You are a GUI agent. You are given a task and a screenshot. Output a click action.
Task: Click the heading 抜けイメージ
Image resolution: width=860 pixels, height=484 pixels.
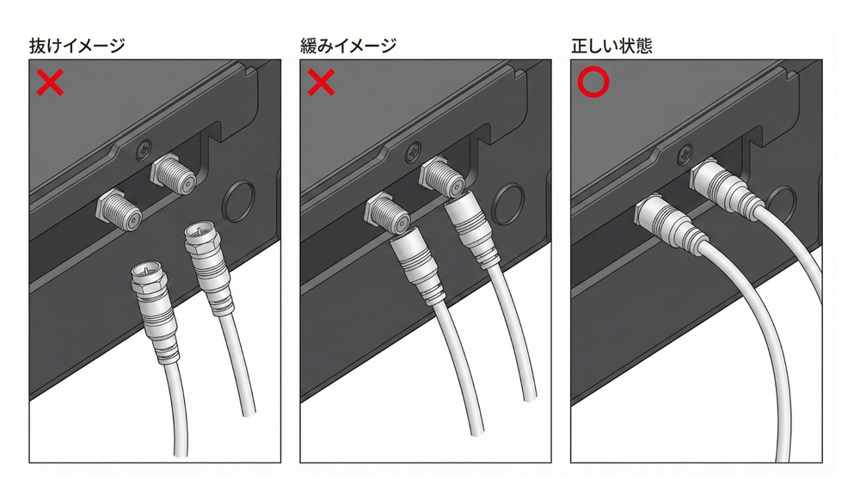[77, 46]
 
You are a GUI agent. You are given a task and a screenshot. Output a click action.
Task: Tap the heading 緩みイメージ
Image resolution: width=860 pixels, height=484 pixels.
[348, 46]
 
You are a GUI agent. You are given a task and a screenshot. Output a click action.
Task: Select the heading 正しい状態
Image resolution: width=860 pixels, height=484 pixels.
[611, 46]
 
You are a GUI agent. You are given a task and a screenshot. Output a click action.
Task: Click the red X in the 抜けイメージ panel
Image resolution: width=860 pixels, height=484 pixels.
[50, 83]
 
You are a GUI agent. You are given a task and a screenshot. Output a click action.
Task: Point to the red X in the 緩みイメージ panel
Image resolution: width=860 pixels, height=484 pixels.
[321, 83]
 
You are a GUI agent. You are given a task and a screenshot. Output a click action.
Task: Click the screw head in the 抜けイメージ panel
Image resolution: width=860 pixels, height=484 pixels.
[144, 149]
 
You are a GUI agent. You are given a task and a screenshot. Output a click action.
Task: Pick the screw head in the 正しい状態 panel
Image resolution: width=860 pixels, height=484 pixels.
[685, 154]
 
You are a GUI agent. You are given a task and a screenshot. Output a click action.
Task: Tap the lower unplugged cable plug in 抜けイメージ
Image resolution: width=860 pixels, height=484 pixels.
[155, 311]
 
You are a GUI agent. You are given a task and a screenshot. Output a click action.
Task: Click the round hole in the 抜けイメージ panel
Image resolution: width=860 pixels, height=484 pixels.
[238, 200]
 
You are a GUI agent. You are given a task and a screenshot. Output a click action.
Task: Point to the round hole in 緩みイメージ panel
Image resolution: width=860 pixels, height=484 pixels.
[508, 204]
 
